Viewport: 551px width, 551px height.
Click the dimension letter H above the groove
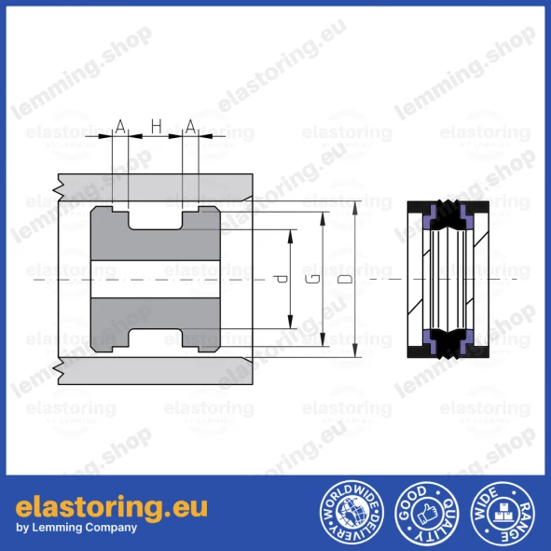click(156, 125)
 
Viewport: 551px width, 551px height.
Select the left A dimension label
click(120, 125)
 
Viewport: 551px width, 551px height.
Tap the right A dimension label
click(190, 125)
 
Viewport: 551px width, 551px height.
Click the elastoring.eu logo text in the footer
click(111, 506)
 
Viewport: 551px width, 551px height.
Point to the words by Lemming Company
click(76, 528)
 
